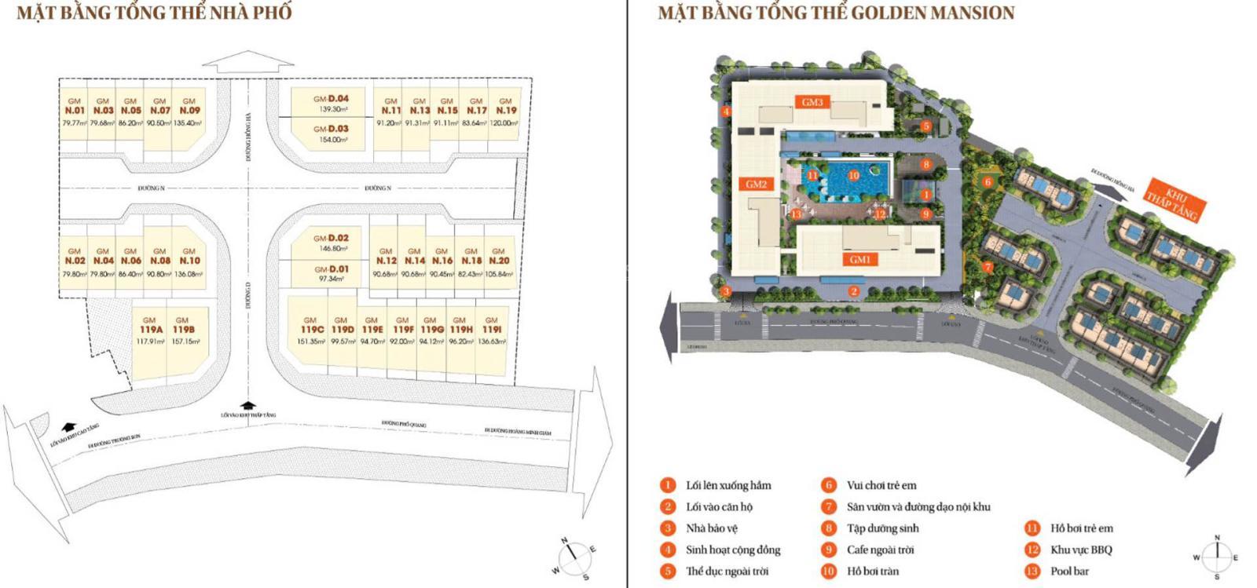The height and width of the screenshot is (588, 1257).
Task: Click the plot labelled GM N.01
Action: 75,111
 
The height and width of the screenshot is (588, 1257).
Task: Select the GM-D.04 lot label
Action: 331,99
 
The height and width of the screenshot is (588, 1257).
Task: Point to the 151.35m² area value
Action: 312,341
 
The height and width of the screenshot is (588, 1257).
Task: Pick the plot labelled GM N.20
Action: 499,260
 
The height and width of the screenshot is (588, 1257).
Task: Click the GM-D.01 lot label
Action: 331,269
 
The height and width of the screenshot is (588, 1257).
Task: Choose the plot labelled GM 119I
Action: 492,330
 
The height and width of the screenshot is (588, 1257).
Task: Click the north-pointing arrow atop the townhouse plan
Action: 247,63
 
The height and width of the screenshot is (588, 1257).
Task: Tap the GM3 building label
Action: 812,102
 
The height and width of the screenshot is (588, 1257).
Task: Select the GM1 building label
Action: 860,260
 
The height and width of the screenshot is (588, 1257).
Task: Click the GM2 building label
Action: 756,184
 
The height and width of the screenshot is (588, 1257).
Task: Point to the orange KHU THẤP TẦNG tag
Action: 1171,202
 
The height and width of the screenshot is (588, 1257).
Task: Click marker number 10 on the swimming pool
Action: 853,176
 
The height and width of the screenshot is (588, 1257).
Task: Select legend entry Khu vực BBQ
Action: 1081,550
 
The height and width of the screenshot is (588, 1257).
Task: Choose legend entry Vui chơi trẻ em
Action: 881,485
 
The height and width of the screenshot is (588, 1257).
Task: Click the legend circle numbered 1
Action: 668,485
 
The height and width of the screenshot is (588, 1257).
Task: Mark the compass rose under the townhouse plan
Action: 575,556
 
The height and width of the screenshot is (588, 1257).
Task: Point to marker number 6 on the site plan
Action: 988,182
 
